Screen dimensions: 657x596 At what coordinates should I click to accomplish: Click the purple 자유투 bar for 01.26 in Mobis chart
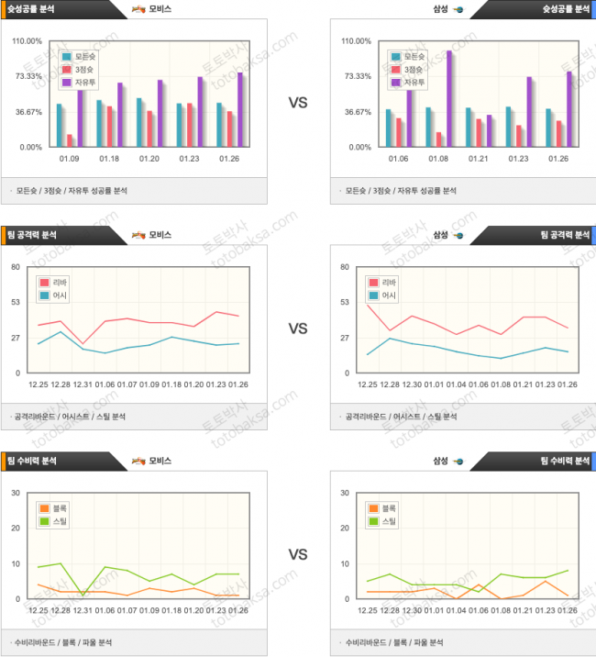tap(240, 109)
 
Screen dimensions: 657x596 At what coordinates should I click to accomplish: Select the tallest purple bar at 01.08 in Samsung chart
tap(449, 98)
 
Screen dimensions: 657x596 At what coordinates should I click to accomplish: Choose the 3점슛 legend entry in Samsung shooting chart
tap(406, 69)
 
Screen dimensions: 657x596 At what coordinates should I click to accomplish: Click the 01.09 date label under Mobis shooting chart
tap(71, 159)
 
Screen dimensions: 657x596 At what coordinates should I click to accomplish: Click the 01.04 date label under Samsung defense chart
tap(458, 610)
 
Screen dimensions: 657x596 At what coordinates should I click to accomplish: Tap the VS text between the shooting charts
tap(298, 103)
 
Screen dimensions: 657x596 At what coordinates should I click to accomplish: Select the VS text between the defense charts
tap(298, 554)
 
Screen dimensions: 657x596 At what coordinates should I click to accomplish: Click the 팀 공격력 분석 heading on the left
tap(36, 235)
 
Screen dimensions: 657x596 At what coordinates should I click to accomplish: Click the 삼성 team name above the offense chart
tap(440, 235)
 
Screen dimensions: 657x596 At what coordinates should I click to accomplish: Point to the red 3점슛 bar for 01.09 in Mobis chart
tap(71, 140)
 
